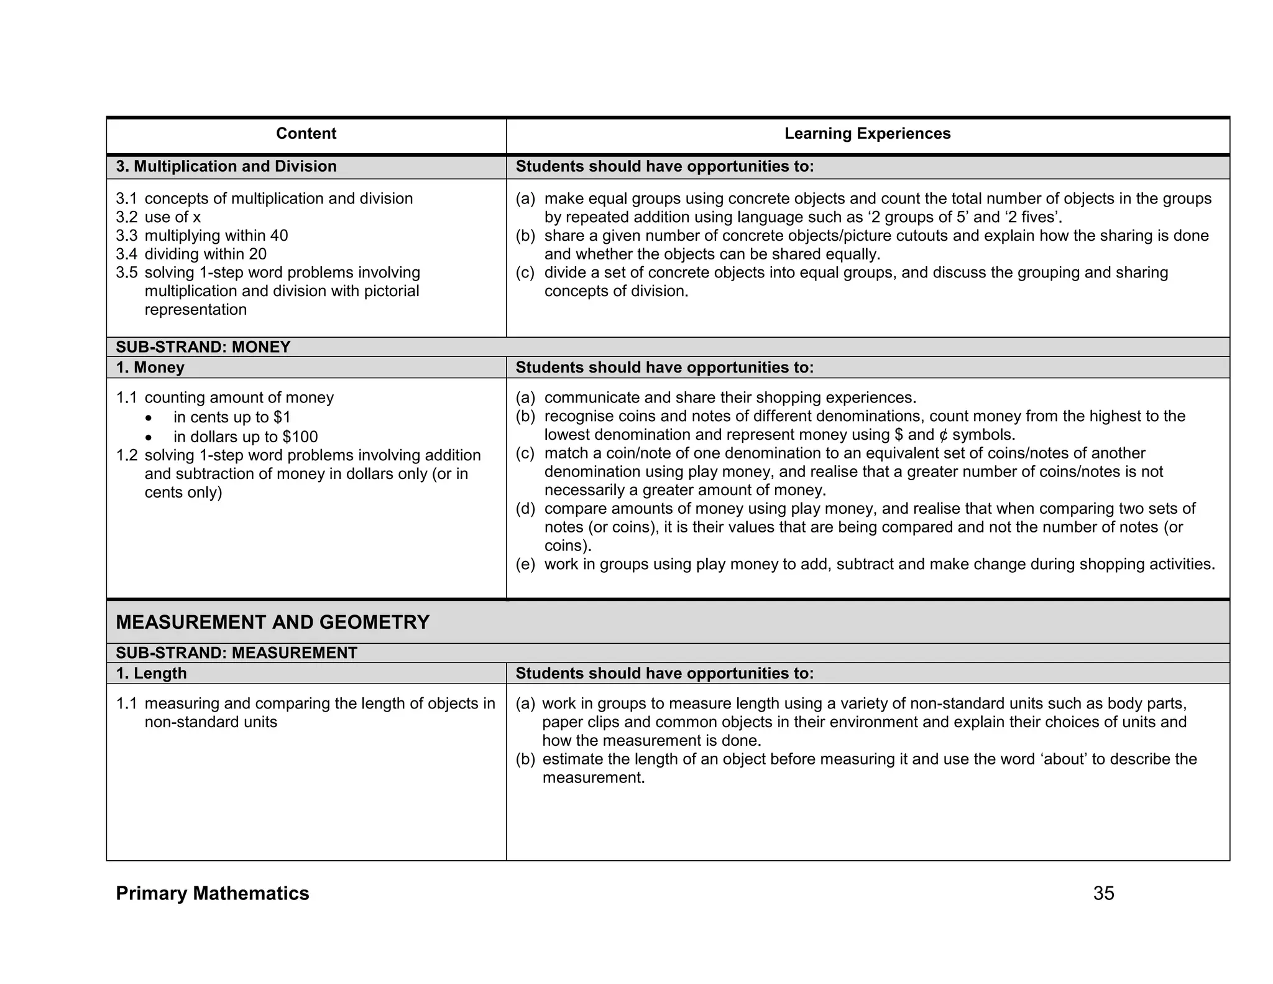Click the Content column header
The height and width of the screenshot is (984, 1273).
pos(306,134)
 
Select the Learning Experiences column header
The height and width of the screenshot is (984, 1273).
pos(867,134)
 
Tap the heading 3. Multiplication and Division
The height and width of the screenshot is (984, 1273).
pos(226,167)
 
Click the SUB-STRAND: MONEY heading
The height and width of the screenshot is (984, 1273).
pos(203,347)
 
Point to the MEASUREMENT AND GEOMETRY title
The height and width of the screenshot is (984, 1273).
pos(273,622)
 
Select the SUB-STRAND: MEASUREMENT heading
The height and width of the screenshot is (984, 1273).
pos(236,653)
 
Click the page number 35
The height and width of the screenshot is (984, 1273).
pos(1103,893)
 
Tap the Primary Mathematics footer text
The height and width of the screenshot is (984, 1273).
pos(213,893)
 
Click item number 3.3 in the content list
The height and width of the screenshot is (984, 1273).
pos(126,236)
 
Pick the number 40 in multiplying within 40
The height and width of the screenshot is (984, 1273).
pos(279,236)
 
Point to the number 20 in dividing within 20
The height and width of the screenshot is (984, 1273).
pos(257,254)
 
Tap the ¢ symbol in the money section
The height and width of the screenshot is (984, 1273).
pos(944,435)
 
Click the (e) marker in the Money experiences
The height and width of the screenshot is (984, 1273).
pos(525,565)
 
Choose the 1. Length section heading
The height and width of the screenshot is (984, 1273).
pos(151,674)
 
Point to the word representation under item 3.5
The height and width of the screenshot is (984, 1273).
pos(195,310)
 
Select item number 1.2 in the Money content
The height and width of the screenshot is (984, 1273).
pos(126,455)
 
